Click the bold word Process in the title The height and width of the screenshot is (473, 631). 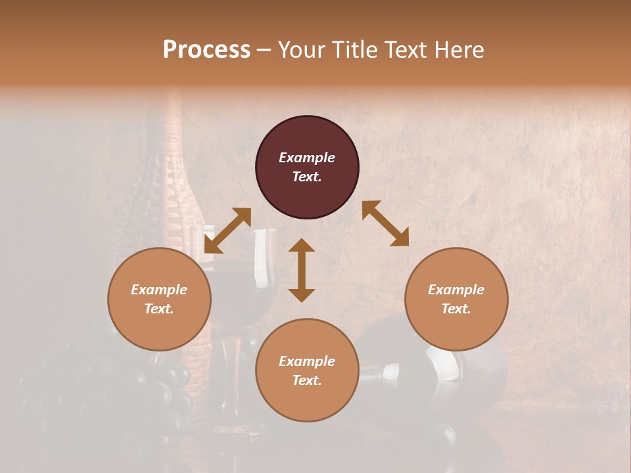(x=206, y=50)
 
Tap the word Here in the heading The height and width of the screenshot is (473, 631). (x=458, y=50)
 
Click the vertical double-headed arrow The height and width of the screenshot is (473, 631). (x=302, y=270)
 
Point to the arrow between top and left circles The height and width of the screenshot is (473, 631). (x=227, y=230)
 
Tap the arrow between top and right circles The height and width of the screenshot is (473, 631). (x=385, y=223)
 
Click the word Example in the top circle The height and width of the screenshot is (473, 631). (x=307, y=158)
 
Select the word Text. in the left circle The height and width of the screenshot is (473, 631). (x=159, y=309)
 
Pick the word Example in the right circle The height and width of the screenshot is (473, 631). (x=456, y=290)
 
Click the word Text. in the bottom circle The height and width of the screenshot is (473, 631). (x=307, y=380)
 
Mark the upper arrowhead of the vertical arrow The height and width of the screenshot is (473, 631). (x=302, y=246)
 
